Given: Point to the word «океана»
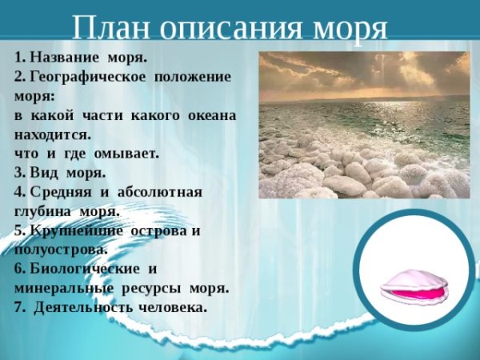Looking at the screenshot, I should [212, 115].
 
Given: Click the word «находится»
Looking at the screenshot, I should [52, 134].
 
